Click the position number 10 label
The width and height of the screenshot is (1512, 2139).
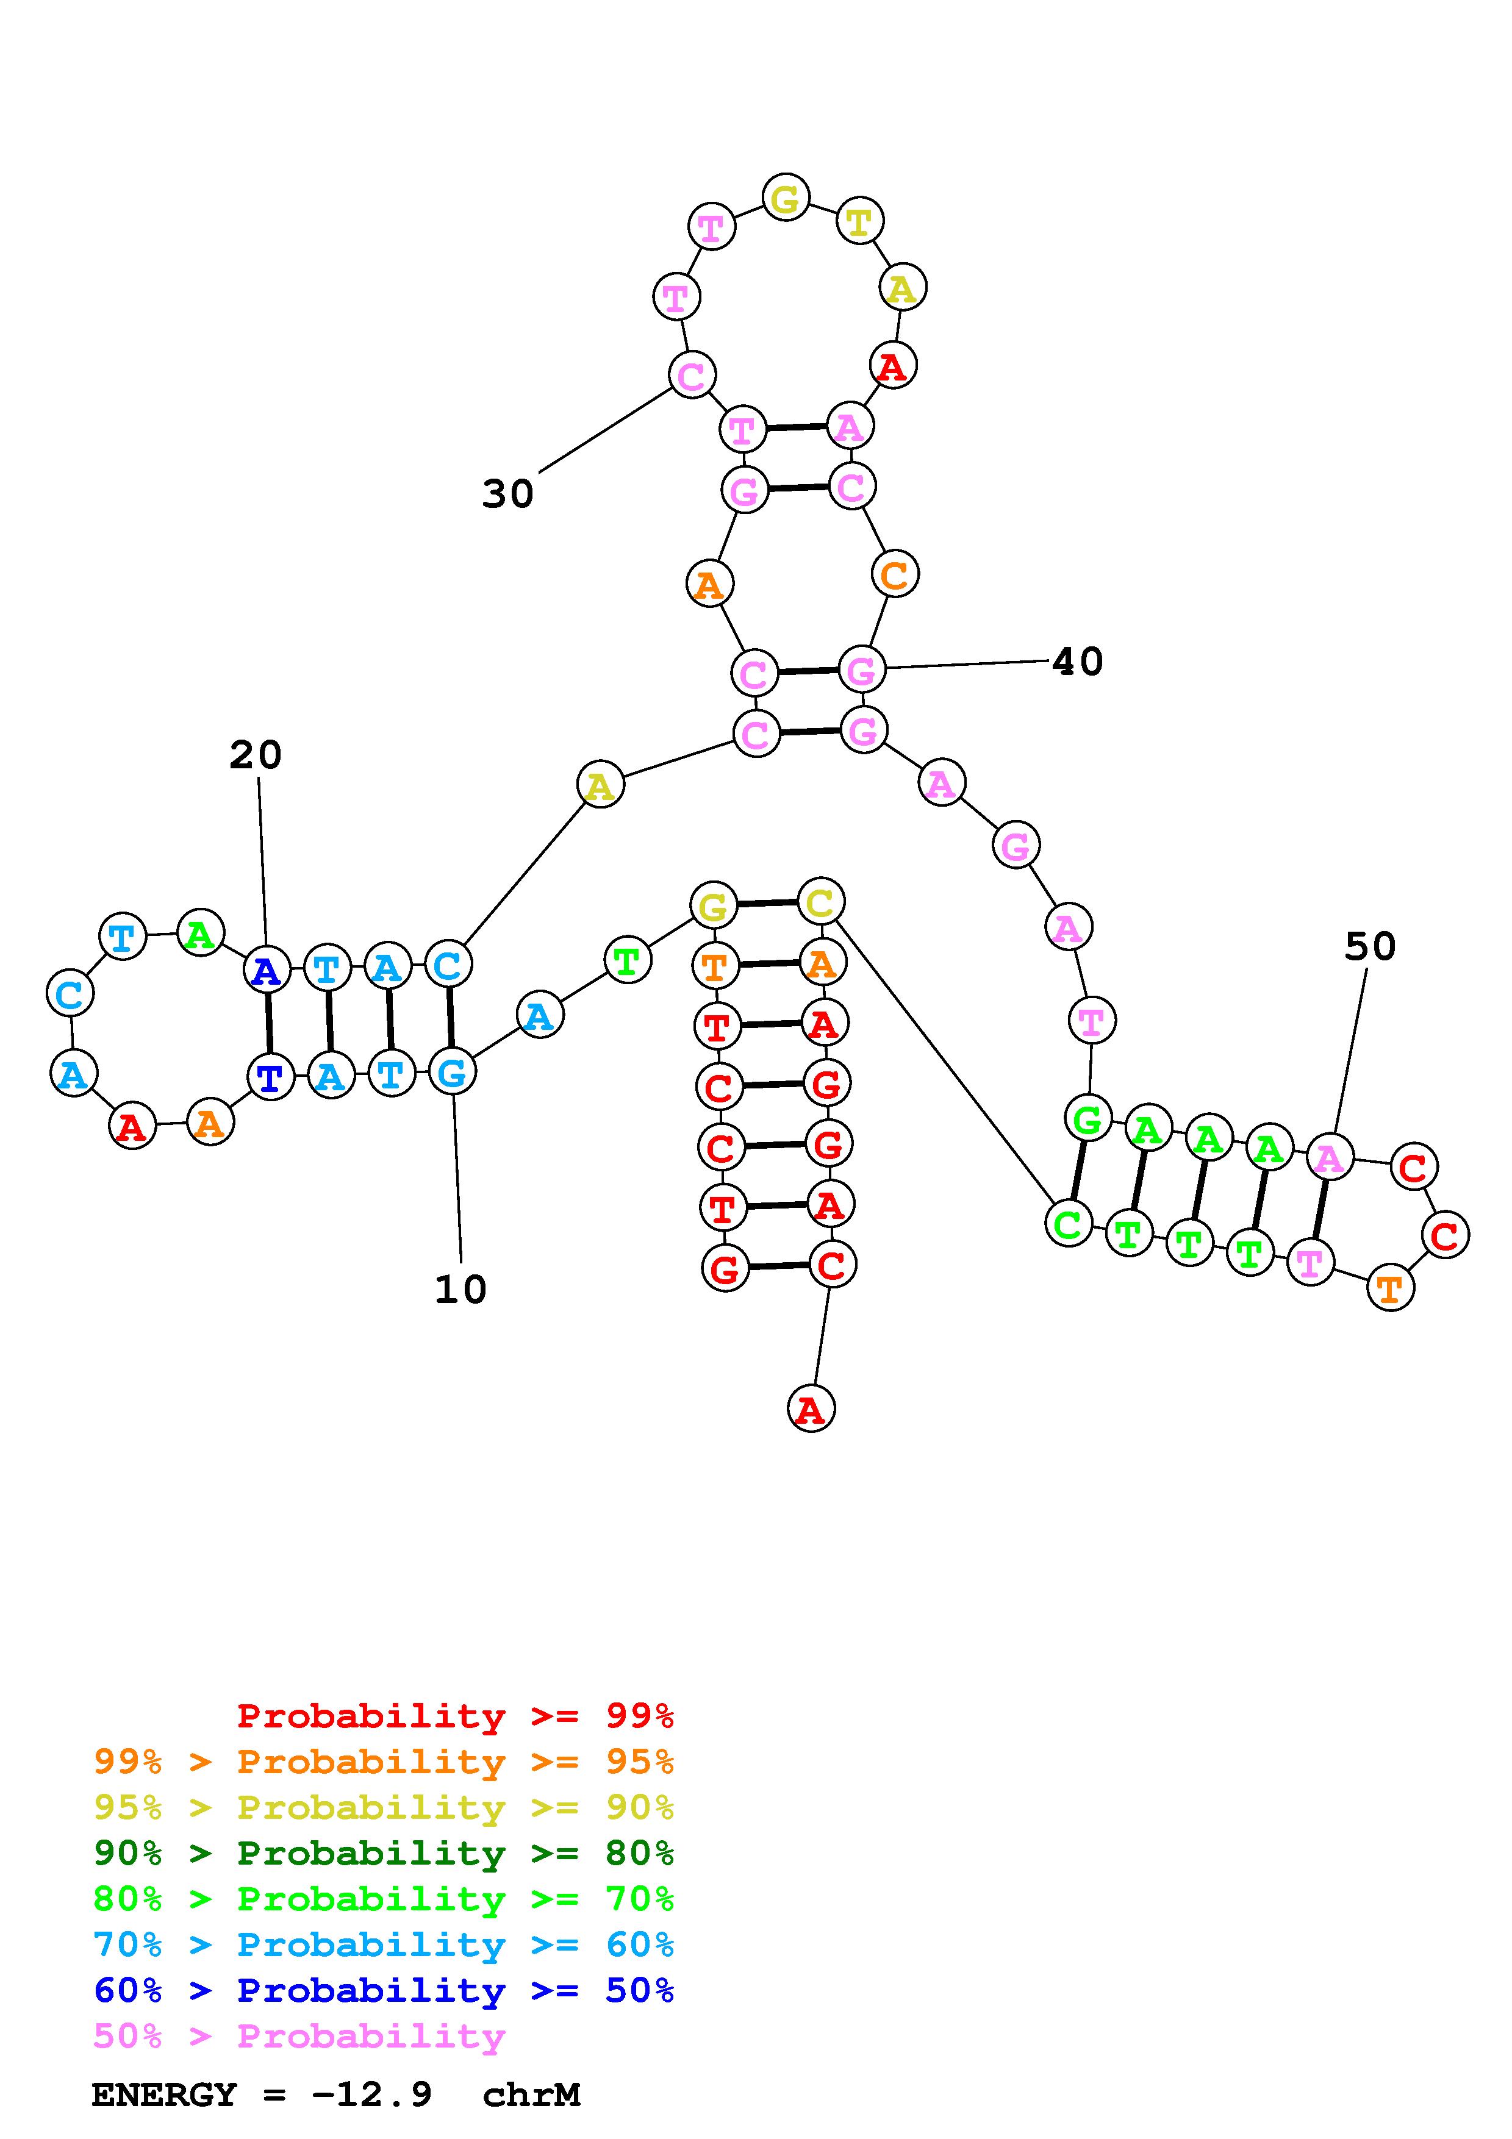(x=460, y=1290)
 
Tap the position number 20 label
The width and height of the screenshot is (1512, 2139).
(x=256, y=755)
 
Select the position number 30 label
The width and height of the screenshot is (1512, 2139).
(x=507, y=494)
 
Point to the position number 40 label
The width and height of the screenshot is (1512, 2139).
(x=1078, y=662)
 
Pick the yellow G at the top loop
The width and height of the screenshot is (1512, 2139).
(x=786, y=198)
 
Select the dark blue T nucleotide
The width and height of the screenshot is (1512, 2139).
(x=270, y=1078)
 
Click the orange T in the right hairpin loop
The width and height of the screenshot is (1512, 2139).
(x=1390, y=1290)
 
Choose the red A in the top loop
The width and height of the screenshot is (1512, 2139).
(x=892, y=366)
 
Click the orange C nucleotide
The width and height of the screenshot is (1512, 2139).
(x=894, y=575)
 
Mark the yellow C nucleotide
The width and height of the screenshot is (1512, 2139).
(x=820, y=902)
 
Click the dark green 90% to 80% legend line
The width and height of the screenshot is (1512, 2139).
(x=384, y=1853)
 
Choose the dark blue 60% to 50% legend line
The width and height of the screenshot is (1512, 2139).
(x=384, y=1990)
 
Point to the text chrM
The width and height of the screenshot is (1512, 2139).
(x=531, y=2095)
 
